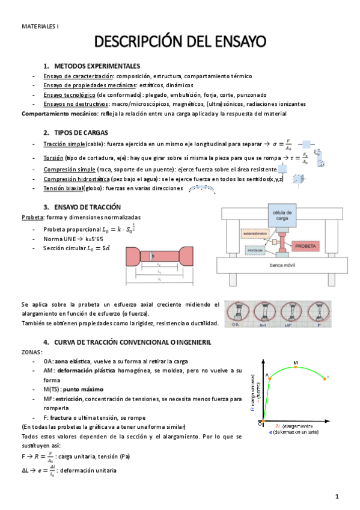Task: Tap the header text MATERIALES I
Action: click(x=40, y=26)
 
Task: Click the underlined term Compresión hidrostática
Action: click(x=76, y=179)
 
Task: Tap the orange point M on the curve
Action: click(x=296, y=367)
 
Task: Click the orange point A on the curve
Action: click(x=270, y=379)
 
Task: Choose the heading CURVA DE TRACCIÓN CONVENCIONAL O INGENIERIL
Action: click(x=130, y=342)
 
